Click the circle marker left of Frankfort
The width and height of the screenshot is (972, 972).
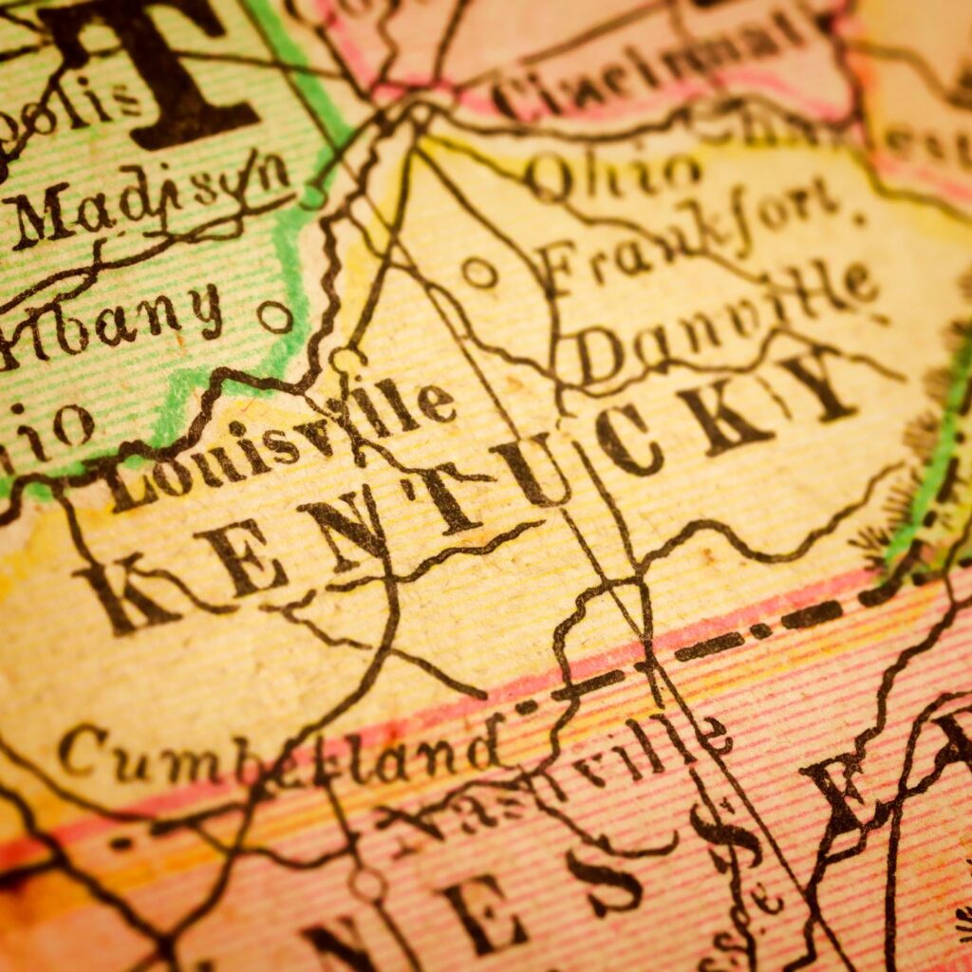tap(479, 273)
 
